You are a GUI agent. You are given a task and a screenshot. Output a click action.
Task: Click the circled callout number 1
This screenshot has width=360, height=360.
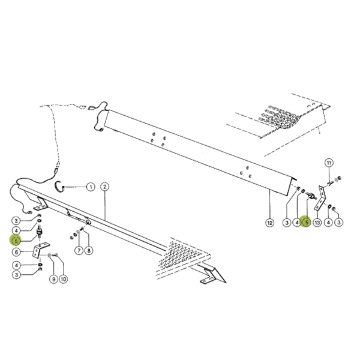[x=91, y=187]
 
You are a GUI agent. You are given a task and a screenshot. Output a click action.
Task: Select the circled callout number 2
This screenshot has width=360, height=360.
[x=104, y=187]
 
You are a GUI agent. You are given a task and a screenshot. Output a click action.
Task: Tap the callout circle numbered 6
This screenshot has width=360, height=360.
[x=16, y=252]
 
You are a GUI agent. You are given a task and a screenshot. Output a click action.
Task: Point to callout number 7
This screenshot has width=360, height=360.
[x=79, y=250]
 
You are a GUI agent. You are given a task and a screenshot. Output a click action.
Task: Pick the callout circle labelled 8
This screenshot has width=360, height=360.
[x=89, y=250]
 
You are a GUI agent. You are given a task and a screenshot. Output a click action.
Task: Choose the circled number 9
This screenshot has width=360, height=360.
[x=53, y=279]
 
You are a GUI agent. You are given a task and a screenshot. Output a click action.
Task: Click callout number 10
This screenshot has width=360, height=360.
[x=64, y=279]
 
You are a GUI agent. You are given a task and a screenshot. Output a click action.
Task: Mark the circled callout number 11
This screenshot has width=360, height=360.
[x=329, y=163]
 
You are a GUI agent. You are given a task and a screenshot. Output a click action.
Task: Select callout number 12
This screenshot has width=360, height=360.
[x=269, y=223]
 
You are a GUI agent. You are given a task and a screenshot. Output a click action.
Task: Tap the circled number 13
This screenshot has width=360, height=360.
[x=317, y=223]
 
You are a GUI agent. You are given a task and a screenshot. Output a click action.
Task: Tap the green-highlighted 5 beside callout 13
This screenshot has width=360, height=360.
[x=307, y=222]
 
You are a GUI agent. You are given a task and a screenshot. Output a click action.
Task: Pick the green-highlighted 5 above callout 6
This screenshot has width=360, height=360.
[x=16, y=241]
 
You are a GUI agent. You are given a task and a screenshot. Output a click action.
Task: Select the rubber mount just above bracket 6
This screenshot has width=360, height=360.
[x=40, y=232]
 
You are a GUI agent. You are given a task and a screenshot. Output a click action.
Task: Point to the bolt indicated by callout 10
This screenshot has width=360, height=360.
[x=56, y=255]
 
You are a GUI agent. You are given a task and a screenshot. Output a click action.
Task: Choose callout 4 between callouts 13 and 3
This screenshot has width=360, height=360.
[x=329, y=223]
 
